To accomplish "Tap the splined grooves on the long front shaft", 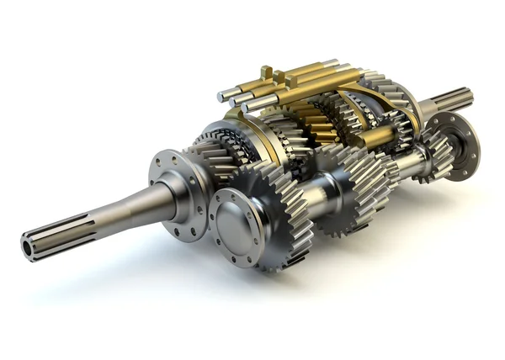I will [59, 236].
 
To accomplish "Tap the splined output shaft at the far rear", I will [454, 99].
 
